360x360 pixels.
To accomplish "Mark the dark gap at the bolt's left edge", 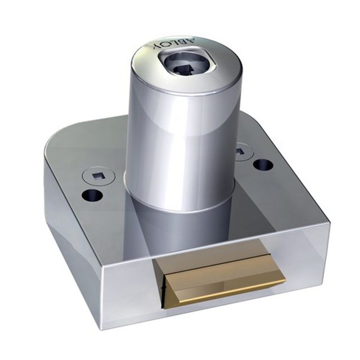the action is click(163, 291).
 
